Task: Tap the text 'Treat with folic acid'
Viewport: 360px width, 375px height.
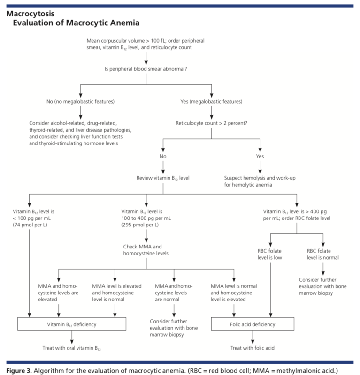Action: click(x=253, y=348)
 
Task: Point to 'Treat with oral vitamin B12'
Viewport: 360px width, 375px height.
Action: click(x=72, y=348)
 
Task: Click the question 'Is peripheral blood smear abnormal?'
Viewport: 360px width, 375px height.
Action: click(x=146, y=69)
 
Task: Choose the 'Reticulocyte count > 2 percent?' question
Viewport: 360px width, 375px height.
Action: click(x=212, y=123)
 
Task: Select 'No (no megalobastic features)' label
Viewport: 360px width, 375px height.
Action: click(x=80, y=102)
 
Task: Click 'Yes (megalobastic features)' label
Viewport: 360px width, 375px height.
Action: click(x=211, y=102)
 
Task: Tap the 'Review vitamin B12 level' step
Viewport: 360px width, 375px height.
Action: click(x=163, y=178)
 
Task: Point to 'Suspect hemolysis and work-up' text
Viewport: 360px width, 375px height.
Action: click(x=260, y=178)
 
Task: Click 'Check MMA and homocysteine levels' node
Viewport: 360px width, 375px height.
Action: click(x=146, y=250)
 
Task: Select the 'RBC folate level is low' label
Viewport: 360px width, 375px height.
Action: click(x=270, y=254)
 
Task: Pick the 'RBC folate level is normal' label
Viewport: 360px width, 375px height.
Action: click(x=323, y=254)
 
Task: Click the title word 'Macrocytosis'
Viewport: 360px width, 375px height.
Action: click(x=31, y=14)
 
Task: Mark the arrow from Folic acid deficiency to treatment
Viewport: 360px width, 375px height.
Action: click(x=253, y=337)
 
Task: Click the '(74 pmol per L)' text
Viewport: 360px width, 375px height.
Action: click(x=30, y=225)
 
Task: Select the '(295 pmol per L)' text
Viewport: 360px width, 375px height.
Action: click(x=140, y=225)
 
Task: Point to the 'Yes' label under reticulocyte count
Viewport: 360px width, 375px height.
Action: click(x=260, y=156)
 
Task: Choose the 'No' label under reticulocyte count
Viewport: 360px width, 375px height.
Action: click(x=163, y=156)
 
